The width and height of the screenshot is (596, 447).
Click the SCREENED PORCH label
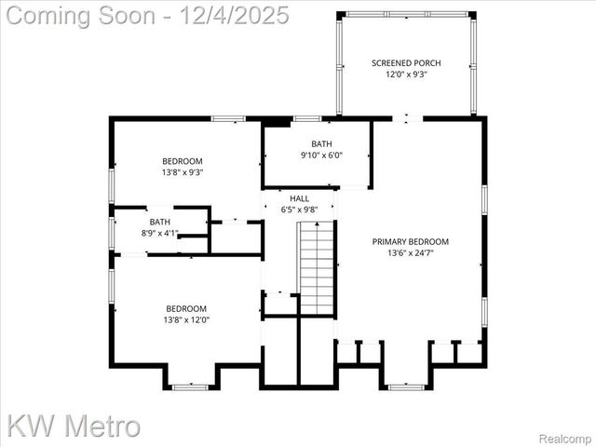(x=406, y=63)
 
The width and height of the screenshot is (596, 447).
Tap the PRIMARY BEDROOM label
(x=411, y=241)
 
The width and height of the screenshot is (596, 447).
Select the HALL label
(x=300, y=198)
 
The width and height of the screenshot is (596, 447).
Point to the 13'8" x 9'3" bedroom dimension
(x=183, y=172)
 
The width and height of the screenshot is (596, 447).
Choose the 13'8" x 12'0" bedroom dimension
(x=186, y=319)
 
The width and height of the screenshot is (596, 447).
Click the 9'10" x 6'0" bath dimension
(x=321, y=155)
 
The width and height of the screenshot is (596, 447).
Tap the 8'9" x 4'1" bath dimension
(x=160, y=233)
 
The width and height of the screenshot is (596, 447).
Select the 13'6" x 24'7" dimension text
(x=411, y=252)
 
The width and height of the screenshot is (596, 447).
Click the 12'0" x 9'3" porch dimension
(x=406, y=74)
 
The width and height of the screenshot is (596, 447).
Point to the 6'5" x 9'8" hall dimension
(x=300, y=210)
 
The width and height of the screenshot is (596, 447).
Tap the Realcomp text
(x=567, y=438)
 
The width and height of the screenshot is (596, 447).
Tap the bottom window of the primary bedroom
(x=406, y=386)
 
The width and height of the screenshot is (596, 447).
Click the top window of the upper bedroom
(x=228, y=118)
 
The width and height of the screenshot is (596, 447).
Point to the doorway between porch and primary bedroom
(x=407, y=118)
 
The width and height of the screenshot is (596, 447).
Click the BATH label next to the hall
(x=321, y=143)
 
